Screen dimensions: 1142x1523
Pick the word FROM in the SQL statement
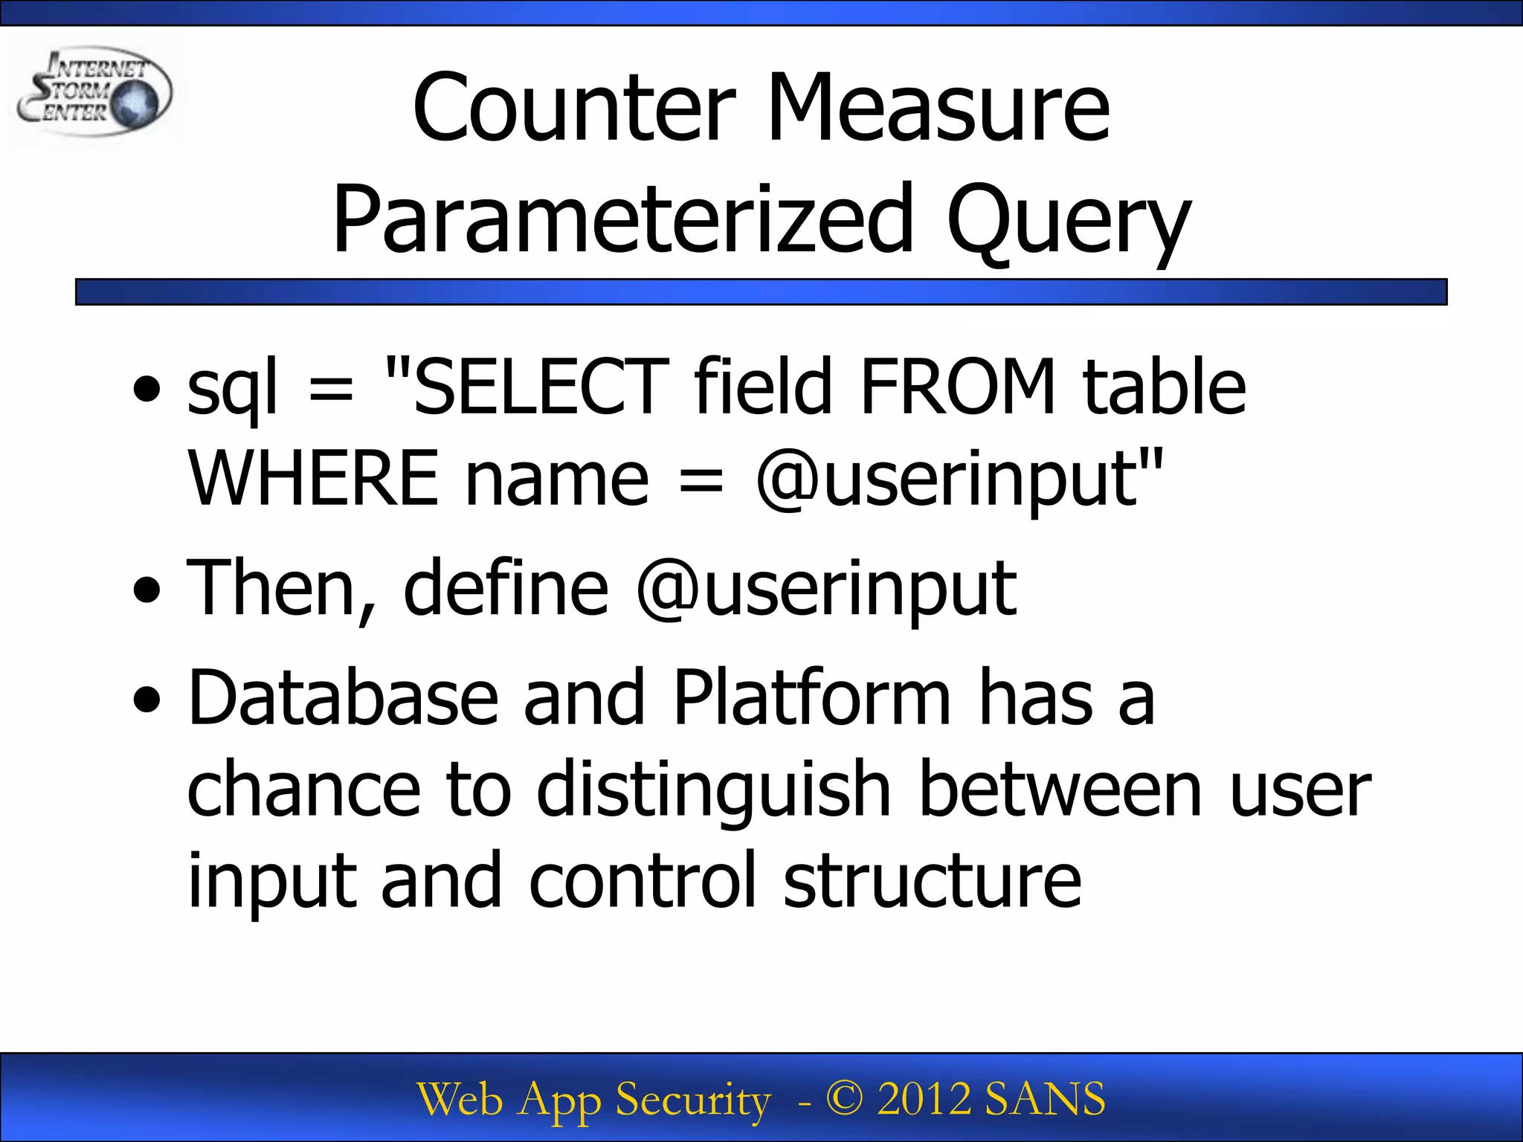958,387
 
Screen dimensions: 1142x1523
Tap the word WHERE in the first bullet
312,479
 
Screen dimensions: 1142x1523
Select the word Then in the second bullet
271,589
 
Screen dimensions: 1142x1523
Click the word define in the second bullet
506,589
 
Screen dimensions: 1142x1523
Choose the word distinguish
714,791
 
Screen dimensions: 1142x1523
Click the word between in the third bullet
1060,790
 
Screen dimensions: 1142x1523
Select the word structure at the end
933,882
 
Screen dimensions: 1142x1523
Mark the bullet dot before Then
146,590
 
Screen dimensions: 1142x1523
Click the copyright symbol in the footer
844,1098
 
